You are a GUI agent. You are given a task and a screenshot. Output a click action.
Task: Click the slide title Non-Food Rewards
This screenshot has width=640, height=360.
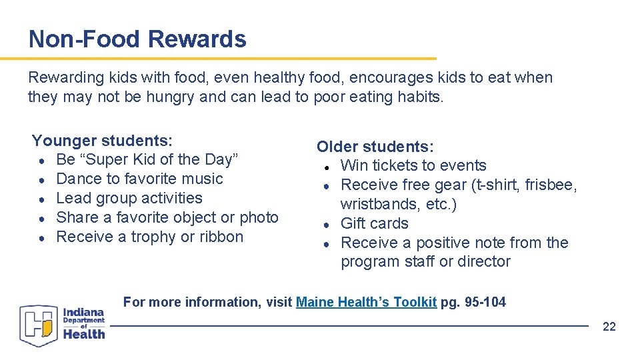pyautogui.click(x=137, y=39)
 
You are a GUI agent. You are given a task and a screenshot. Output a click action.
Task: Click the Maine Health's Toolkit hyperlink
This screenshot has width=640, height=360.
pyautogui.click(x=366, y=302)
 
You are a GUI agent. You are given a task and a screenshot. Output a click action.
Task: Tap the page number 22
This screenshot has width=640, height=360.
pyautogui.click(x=609, y=326)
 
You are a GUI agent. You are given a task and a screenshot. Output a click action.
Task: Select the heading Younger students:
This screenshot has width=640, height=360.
pyautogui.click(x=102, y=141)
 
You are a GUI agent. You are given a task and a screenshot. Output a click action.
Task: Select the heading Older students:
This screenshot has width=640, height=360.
pyautogui.click(x=375, y=147)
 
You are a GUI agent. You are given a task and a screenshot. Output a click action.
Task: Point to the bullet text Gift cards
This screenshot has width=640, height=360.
pyautogui.click(x=374, y=223)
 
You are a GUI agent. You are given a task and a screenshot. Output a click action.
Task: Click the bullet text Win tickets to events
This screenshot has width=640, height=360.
pyautogui.click(x=413, y=165)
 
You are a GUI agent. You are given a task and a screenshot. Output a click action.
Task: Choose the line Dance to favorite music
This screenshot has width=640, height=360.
pyautogui.click(x=139, y=179)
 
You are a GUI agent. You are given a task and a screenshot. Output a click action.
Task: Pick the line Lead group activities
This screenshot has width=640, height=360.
pyautogui.click(x=129, y=198)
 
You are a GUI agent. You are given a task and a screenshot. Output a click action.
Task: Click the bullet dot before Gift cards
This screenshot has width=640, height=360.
pyautogui.click(x=327, y=224)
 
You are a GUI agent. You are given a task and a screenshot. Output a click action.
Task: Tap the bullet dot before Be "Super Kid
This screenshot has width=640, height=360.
pyautogui.click(x=42, y=160)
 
